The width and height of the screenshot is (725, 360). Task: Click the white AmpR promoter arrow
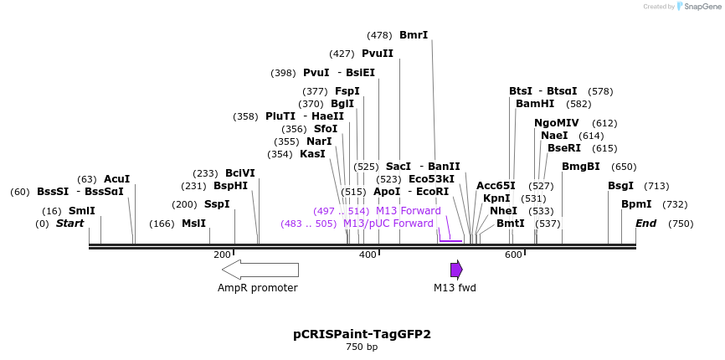(x=260, y=270)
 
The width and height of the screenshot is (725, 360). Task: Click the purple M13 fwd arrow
(x=456, y=270)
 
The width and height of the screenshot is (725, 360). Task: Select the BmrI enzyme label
(x=414, y=35)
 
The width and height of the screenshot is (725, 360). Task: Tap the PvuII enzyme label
(x=378, y=54)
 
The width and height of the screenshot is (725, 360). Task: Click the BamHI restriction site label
(x=535, y=104)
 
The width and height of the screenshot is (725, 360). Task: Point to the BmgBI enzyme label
(x=581, y=167)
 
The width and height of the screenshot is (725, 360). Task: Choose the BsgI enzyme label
(x=620, y=186)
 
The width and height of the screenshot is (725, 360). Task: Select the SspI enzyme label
(x=217, y=204)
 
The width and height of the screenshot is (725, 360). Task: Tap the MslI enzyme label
(x=193, y=224)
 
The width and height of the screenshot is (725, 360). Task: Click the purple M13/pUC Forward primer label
(x=388, y=224)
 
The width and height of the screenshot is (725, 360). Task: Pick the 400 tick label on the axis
(x=368, y=255)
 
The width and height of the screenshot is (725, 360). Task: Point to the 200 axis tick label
(x=222, y=255)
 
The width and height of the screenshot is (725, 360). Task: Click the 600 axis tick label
(x=513, y=255)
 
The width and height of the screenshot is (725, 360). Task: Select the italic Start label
(x=69, y=224)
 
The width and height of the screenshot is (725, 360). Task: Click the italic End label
(x=646, y=224)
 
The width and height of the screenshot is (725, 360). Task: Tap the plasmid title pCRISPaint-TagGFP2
(x=362, y=333)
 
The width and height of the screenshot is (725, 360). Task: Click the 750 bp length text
(x=362, y=347)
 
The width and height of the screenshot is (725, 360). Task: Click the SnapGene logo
(x=698, y=7)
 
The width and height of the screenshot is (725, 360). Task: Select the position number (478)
(x=379, y=35)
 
